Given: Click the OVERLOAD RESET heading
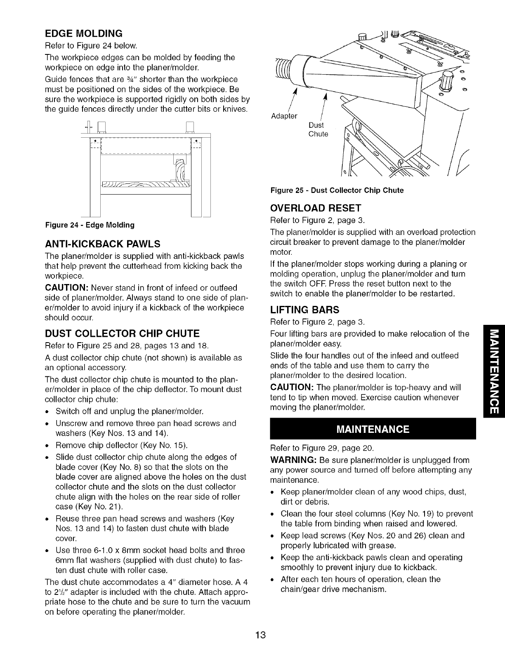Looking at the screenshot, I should coord(315,207).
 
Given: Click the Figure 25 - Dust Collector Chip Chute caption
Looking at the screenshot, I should coord(337,190).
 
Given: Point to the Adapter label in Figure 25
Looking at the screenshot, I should coord(284,115).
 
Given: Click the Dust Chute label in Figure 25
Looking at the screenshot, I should coord(318,129).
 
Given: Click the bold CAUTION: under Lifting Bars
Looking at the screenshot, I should coord(292,388).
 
